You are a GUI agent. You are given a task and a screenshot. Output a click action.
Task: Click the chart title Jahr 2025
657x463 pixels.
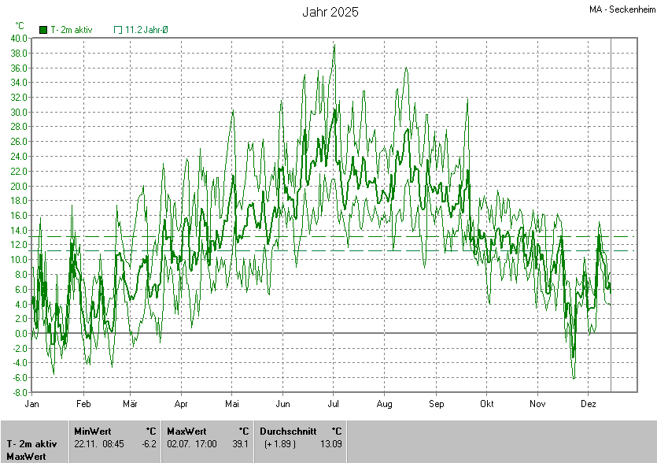(x=330, y=12)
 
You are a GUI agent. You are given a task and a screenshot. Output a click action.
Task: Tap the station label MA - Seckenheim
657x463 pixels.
(x=622, y=9)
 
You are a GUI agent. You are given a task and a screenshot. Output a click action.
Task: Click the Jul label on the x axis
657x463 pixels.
(x=333, y=403)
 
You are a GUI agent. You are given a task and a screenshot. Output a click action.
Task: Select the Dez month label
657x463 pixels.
(x=588, y=403)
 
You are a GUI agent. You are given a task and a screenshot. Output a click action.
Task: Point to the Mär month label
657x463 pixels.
(x=130, y=403)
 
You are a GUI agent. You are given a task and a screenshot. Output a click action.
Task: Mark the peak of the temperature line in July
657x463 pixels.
(x=334, y=46)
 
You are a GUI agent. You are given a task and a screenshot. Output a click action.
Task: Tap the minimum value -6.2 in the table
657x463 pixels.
(x=149, y=444)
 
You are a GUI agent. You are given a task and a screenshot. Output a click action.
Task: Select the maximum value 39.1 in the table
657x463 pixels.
(x=241, y=444)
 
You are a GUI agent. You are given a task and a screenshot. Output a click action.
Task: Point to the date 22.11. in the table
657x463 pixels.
(x=85, y=444)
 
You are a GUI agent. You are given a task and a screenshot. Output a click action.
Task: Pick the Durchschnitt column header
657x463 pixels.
(x=288, y=432)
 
